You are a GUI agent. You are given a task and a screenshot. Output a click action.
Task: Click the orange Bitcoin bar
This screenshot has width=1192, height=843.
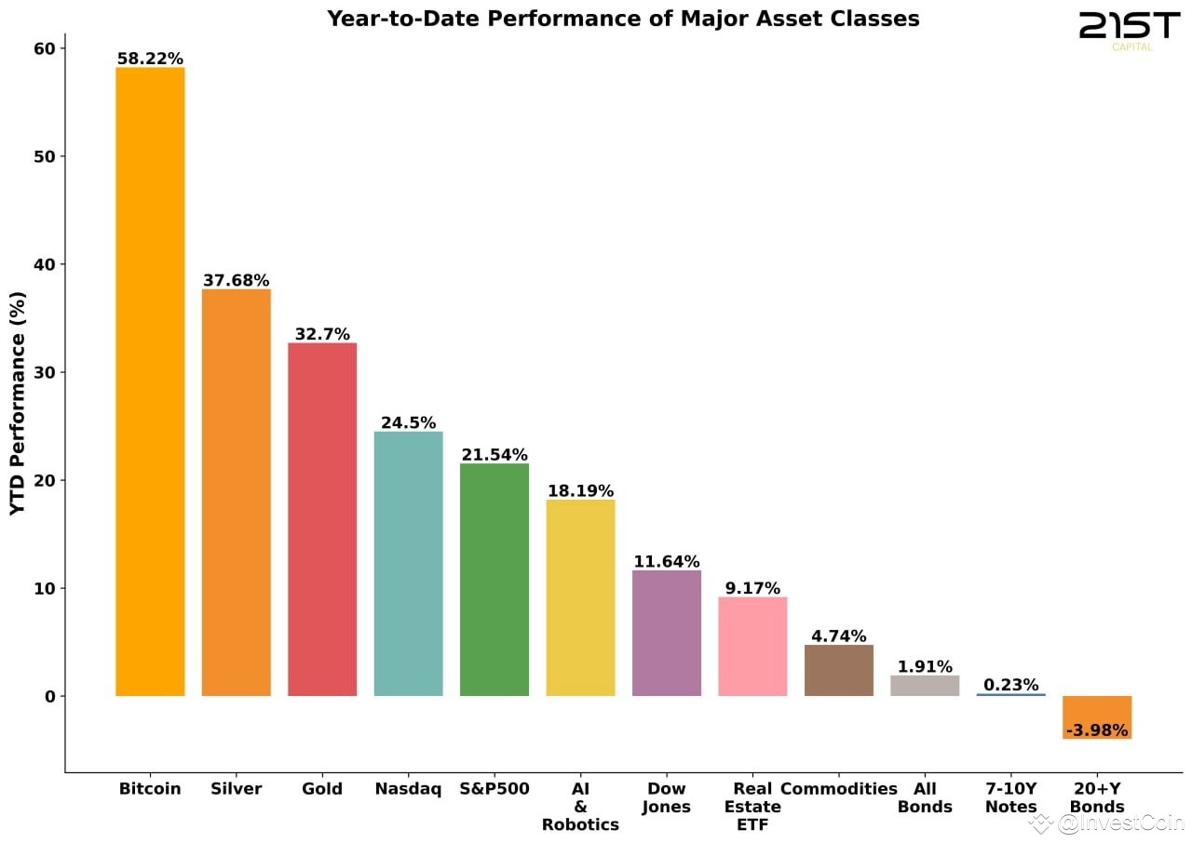point(150,381)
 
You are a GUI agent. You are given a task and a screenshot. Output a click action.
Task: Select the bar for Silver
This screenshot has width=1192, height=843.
point(237,492)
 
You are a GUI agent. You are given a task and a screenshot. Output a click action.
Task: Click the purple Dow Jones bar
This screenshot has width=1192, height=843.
point(667,633)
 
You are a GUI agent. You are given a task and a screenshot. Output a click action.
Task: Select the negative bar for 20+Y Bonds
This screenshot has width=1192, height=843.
point(1097,716)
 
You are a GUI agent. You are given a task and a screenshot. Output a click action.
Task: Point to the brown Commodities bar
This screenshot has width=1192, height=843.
point(839,670)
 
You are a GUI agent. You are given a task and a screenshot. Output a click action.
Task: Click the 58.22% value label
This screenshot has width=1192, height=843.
point(150,59)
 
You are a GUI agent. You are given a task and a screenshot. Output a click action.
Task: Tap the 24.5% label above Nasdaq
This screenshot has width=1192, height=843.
point(408,422)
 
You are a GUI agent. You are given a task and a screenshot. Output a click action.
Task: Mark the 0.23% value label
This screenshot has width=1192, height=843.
point(1010,685)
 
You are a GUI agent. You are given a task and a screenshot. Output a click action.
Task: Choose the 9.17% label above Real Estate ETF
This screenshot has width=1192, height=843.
point(752,588)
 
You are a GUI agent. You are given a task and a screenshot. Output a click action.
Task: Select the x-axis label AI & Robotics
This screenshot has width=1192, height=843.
point(580,806)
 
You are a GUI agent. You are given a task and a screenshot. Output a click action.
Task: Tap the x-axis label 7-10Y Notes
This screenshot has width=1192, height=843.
point(1010,797)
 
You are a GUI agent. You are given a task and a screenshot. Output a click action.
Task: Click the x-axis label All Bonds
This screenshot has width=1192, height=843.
point(925,797)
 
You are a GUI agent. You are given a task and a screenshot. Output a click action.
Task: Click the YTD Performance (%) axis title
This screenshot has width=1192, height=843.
point(18,403)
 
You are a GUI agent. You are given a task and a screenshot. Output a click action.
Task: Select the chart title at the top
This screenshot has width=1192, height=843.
point(623,19)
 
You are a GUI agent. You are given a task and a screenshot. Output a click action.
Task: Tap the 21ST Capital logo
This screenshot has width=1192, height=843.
point(1129,29)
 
